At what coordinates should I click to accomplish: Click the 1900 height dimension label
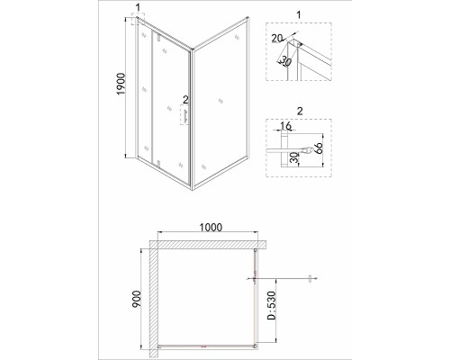121,84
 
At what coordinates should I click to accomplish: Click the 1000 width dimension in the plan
211,228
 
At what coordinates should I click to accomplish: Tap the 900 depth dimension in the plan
136,299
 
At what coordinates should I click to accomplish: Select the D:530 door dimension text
272,305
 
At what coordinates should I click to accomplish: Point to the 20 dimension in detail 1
277,38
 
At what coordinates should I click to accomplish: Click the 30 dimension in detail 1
286,62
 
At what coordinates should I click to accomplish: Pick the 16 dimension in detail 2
286,126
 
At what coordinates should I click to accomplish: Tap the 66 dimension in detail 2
319,148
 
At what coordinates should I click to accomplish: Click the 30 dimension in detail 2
295,157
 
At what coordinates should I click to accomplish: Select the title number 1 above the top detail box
299,14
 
